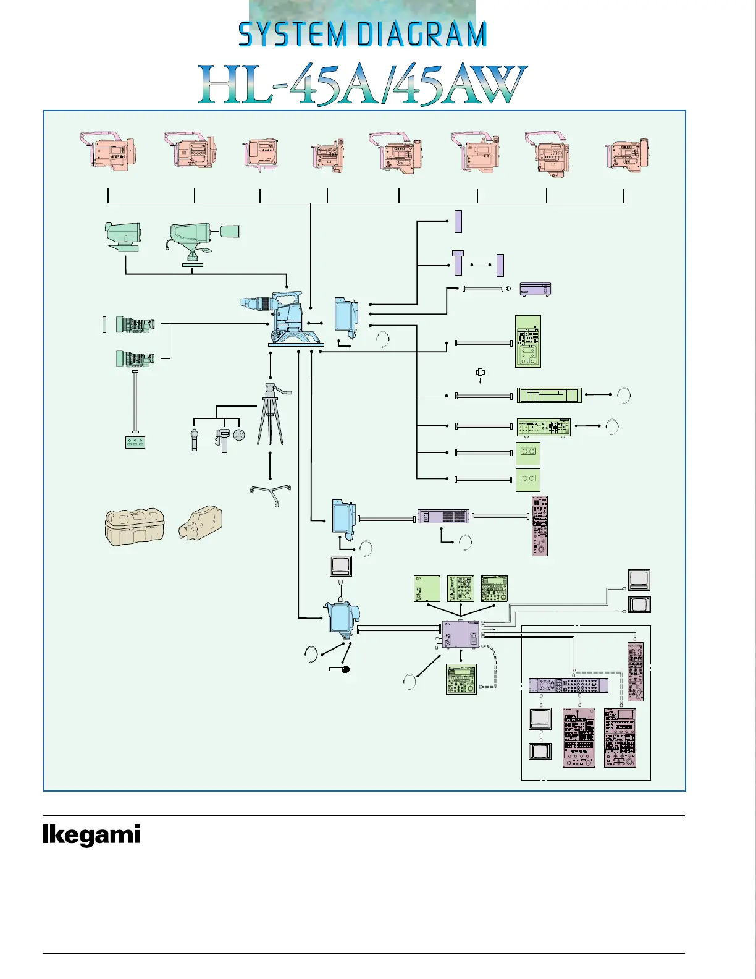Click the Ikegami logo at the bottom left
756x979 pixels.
tap(91, 835)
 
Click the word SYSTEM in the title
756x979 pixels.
tap(292, 35)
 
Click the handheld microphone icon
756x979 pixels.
tap(341, 669)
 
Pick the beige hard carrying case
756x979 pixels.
tap(135, 527)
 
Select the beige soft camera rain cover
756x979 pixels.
tap(201, 523)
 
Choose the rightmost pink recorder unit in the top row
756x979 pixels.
tap(627, 155)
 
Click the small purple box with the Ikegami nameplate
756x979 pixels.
tap(535, 289)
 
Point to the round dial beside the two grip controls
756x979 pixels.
tap(239, 434)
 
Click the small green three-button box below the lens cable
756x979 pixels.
tap(135, 442)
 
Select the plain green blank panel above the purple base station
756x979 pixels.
tap(427, 588)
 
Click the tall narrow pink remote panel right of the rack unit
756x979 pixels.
tap(539, 525)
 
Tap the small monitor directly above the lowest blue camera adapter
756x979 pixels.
tap(340, 566)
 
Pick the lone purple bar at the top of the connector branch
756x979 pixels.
tap(458, 221)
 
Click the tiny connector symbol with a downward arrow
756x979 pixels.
tap(481, 373)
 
